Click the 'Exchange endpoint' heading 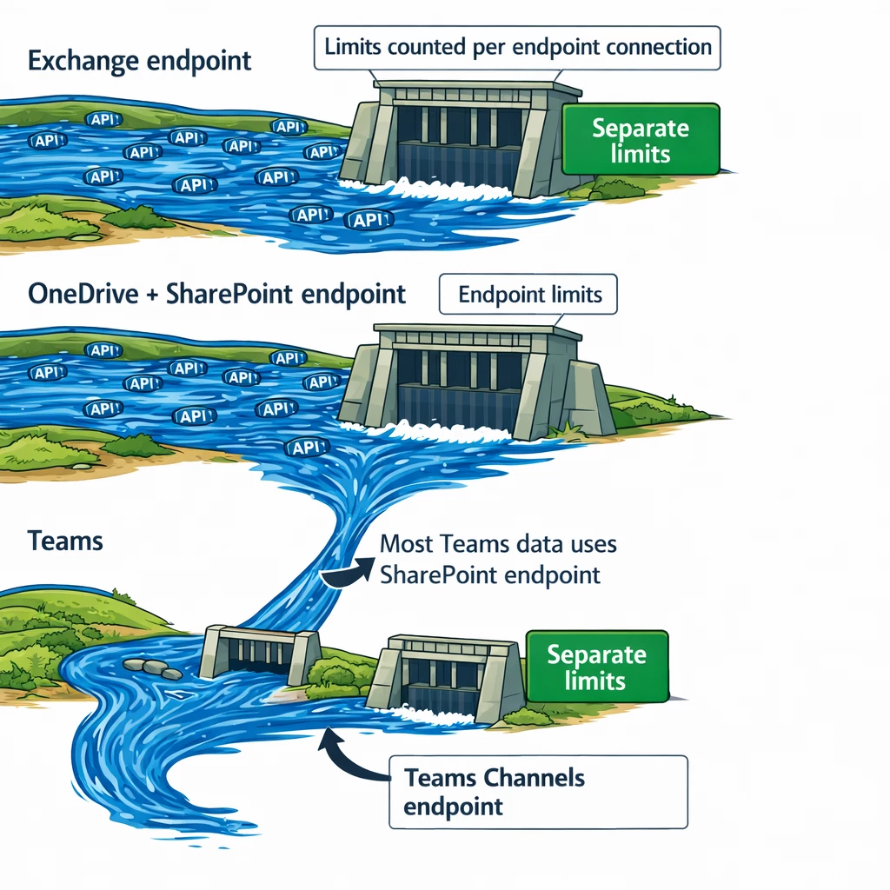click(x=139, y=61)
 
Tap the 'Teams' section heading click(x=65, y=541)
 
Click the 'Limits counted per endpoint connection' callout click(x=518, y=46)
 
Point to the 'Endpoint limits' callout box click(x=529, y=294)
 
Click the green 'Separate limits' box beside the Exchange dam click(x=641, y=141)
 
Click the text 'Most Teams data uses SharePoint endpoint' click(x=497, y=559)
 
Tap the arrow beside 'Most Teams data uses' click(x=346, y=573)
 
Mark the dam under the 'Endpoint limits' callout click(x=474, y=382)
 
